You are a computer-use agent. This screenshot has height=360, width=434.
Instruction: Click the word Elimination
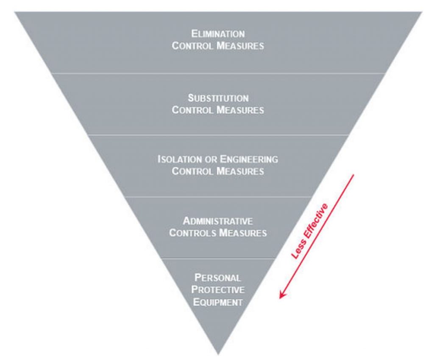click(218, 34)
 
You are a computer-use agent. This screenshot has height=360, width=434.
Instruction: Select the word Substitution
click(218, 98)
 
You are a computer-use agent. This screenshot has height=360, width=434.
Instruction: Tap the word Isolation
click(178, 159)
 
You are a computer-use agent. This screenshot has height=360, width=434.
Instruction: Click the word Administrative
click(218, 221)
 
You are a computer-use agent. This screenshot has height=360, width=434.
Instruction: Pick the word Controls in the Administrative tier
click(191, 233)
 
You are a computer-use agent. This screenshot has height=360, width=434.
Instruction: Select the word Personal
click(218, 278)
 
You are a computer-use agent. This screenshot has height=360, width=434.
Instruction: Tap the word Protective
click(218, 290)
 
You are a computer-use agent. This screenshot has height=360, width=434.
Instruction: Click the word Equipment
click(218, 302)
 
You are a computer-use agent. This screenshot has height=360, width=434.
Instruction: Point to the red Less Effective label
click(310, 231)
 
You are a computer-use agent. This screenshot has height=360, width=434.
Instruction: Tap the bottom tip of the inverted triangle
click(218, 354)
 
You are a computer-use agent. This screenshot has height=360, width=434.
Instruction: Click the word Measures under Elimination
click(240, 46)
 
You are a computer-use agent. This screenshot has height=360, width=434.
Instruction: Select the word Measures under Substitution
click(240, 110)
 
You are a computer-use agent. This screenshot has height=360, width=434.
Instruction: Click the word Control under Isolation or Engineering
click(193, 171)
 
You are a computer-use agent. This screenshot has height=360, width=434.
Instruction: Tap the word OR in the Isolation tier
click(210, 159)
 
